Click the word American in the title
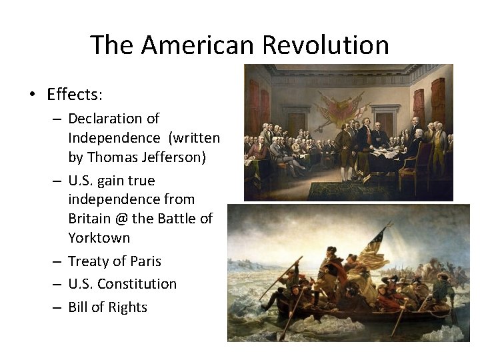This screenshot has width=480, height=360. click(198, 45)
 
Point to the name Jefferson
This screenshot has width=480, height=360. click(176, 157)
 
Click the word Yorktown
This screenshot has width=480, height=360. click(99, 238)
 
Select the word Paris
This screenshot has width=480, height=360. click(146, 261)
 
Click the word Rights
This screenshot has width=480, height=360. click(128, 307)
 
